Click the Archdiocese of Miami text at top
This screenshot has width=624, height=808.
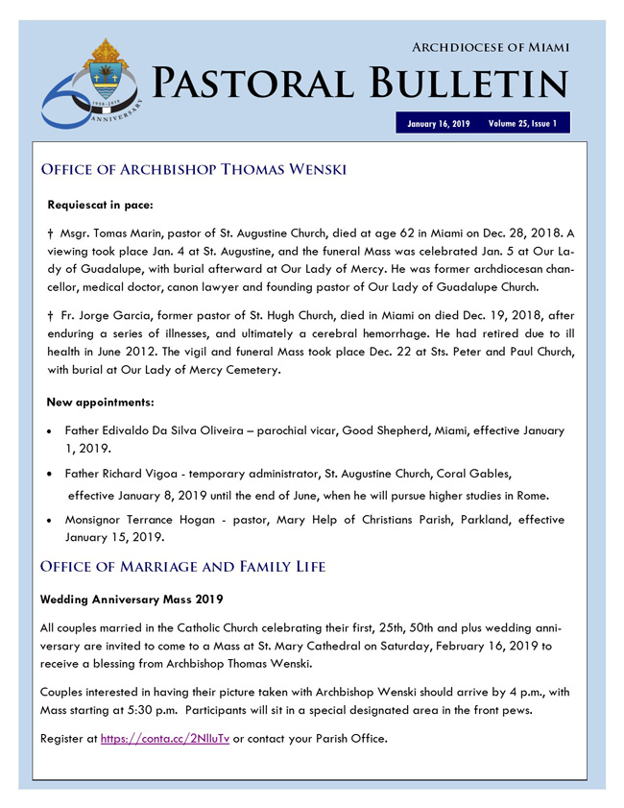491,47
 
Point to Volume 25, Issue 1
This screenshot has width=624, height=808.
522,124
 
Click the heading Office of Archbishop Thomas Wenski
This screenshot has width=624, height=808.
193,170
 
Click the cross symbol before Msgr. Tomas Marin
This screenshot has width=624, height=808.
50,234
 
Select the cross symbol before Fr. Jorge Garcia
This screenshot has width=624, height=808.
50,315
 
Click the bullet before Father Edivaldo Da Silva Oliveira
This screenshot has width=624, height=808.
50,432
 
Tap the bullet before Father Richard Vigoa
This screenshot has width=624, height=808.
50,475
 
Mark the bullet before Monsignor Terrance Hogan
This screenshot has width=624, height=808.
50,520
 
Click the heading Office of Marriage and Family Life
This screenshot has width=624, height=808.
183,567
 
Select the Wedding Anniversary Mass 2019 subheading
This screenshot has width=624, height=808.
132,600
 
